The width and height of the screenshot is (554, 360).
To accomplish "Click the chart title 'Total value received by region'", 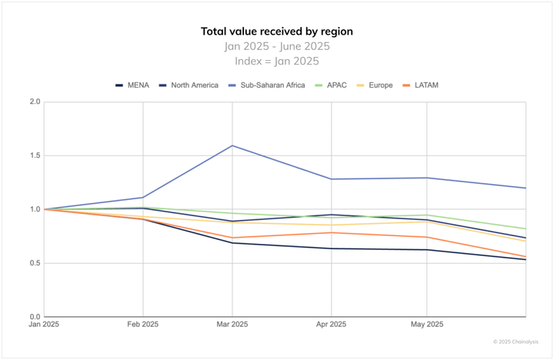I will coord(276,32).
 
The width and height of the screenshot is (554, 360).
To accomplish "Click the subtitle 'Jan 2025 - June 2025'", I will coord(276,46).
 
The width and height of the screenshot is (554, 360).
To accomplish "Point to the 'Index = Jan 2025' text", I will coord(276,61).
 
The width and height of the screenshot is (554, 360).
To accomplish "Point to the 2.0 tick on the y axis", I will coord(35,102).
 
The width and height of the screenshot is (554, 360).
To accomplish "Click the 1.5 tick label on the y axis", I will coord(35,155).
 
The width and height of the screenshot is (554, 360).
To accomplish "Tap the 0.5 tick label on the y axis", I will coord(35,263).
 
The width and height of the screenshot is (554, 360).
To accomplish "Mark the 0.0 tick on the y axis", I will coord(35,317).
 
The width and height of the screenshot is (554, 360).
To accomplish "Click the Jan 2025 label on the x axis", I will coord(44,325).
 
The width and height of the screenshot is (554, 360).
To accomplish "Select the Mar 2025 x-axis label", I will coord(233,325).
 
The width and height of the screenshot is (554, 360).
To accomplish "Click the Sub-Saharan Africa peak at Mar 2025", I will coord(233,145).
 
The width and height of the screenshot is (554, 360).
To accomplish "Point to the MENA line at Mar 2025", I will coord(233,243).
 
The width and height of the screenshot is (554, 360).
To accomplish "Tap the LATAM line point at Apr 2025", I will coord(331,232).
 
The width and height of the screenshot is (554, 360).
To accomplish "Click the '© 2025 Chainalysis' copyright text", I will coord(518,342).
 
